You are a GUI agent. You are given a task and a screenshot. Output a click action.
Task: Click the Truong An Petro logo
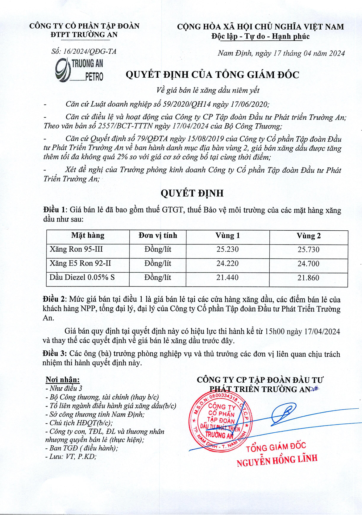click(79, 70)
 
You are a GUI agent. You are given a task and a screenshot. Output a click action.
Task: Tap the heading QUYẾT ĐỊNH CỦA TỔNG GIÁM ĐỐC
click(212, 75)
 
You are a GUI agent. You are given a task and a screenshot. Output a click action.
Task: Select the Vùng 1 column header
click(227, 236)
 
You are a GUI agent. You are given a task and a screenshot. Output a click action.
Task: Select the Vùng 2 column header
click(309, 236)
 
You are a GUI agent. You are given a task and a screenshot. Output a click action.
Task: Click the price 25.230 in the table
click(227, 249)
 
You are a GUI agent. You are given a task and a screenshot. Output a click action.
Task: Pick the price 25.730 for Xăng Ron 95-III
click(309, 250)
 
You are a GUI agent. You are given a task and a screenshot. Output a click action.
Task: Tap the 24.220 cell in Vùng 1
click(227, 264)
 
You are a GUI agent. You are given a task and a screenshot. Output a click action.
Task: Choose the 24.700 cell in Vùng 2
click(309, 264)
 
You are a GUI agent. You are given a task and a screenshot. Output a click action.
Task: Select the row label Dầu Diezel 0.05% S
click(82, 277)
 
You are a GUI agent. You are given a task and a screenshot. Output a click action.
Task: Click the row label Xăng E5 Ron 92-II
click(80, 263)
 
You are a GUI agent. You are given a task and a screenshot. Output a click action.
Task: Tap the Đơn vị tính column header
click(158, 236)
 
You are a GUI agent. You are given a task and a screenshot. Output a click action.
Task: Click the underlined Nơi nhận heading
click(63, 380)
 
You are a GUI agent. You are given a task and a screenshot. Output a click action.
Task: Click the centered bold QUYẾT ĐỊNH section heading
click(192, 193)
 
